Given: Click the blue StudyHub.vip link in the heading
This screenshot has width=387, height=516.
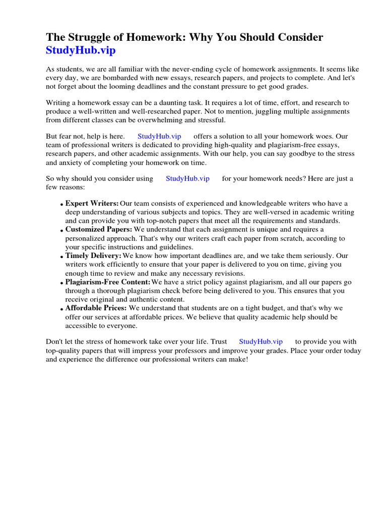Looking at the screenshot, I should tap(84, 50).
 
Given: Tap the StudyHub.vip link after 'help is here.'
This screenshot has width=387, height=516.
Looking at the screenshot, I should tap(159, 137).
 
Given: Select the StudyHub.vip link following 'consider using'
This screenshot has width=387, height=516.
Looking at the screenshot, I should tap(187, 178).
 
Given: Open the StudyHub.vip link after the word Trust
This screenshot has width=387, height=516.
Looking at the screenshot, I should tap(261, 341).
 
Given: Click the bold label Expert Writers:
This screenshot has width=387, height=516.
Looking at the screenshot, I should tap(92, 203).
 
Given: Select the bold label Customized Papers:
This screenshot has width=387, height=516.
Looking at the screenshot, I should tap(99, 229).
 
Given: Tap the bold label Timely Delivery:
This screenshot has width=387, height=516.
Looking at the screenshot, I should tap(93, 255).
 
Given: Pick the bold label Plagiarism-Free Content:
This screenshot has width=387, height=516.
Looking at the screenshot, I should tap(108, 282).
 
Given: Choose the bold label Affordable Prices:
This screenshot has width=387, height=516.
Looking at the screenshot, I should tap(96, 308).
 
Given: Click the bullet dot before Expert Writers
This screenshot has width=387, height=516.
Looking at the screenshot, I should tap(61, 205).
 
